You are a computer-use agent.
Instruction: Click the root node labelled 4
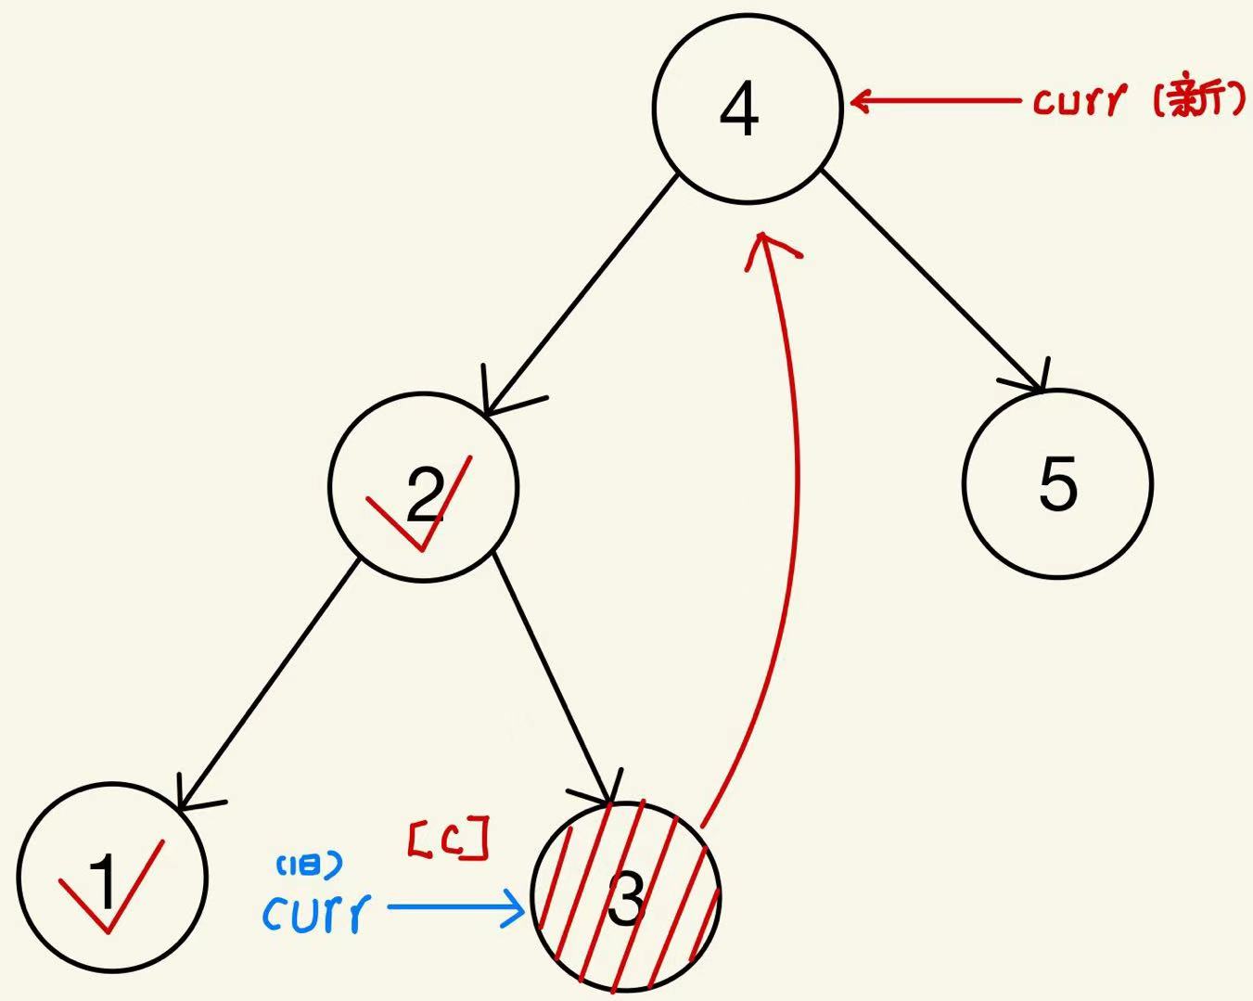[x=747, y=109]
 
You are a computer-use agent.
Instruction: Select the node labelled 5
[x=1057, y=483]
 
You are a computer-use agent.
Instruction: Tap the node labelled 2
[x=423, y=488]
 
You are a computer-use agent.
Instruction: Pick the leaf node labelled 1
[x=111, y=879]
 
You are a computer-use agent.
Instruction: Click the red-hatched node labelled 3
[x=626, y=897]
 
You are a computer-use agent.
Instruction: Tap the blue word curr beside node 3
[x=316, y=913]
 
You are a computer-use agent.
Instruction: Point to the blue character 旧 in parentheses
[x=310, y=866]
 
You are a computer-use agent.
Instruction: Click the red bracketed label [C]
[x=448, y=840]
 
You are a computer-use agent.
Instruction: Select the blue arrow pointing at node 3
[x=454, y=907]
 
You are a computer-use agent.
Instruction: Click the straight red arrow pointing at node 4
[x=937, y=100]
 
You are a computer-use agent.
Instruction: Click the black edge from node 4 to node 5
[x=932, y=278]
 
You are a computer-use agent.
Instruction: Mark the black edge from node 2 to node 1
[x=269, y=682]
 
